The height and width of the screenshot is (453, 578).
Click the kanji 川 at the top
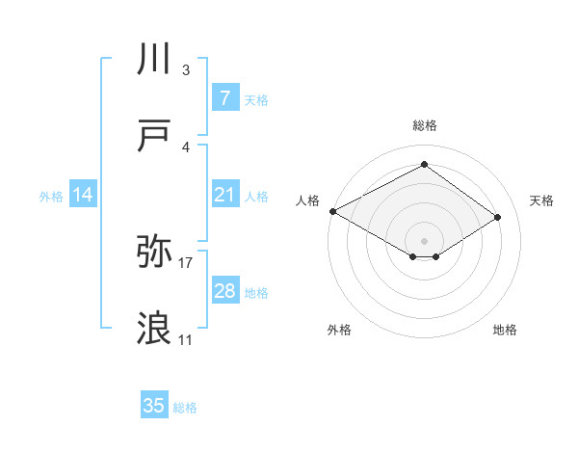[x=155, y=60]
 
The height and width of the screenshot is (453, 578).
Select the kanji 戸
[x=155, y=137]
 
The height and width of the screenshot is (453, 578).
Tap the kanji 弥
[x=155, y=252]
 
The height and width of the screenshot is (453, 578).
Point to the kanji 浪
[x=155, y=329]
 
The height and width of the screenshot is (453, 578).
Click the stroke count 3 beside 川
[x=186, y=70]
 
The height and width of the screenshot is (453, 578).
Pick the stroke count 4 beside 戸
[x=186, y=147]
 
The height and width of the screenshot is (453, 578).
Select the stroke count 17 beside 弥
[x=186, y=262]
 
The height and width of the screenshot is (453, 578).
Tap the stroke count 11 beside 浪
[x=186, y=339]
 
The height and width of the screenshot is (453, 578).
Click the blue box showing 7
[x=224, y=98]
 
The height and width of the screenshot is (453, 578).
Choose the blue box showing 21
[x=224, y=195]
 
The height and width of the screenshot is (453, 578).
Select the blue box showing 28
[x=224, y=291]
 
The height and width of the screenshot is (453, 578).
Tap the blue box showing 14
[x=83, y=195]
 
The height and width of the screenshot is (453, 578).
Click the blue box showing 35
[x=154, y=406]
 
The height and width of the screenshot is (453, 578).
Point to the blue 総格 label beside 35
[x=185, y=408]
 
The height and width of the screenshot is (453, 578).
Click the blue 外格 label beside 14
[x=51, y=197]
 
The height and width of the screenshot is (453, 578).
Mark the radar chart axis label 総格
[x=424, y=125]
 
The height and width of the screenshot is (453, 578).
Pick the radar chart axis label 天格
[x=541, y=200]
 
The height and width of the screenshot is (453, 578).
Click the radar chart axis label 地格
[x=505, y=330]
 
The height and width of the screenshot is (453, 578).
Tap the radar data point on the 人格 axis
[x=332, y=211]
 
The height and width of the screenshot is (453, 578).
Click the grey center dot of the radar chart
[x=424, y=240]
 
